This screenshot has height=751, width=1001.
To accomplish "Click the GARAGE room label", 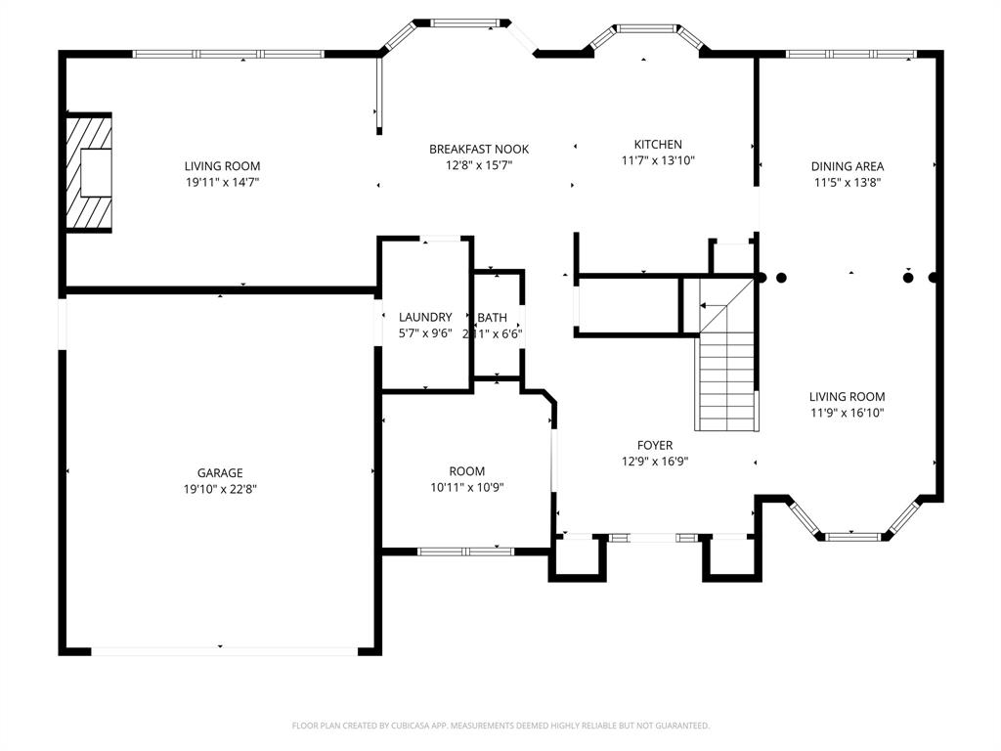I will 220,472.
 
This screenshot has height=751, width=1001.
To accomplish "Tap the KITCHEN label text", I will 658,145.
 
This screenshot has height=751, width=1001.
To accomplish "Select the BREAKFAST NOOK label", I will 479,150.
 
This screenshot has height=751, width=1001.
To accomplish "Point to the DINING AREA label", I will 848,166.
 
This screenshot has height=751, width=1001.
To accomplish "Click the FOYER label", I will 655,445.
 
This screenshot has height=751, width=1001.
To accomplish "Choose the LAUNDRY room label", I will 425,317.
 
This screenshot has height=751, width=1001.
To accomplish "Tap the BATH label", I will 493,318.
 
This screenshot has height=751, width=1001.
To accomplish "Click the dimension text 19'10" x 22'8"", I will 220,489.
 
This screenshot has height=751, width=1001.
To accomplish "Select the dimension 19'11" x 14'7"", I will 223,182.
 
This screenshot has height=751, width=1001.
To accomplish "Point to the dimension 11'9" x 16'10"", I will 848,413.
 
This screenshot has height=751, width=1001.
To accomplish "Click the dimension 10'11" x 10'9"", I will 467,487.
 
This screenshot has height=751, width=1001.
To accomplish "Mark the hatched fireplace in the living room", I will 88,173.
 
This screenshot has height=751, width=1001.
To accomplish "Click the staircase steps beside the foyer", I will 727,381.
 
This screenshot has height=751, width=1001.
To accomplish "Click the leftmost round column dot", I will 762,278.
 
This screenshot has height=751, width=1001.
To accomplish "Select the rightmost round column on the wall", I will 934,278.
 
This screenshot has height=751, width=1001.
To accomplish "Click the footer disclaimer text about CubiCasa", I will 500,726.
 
